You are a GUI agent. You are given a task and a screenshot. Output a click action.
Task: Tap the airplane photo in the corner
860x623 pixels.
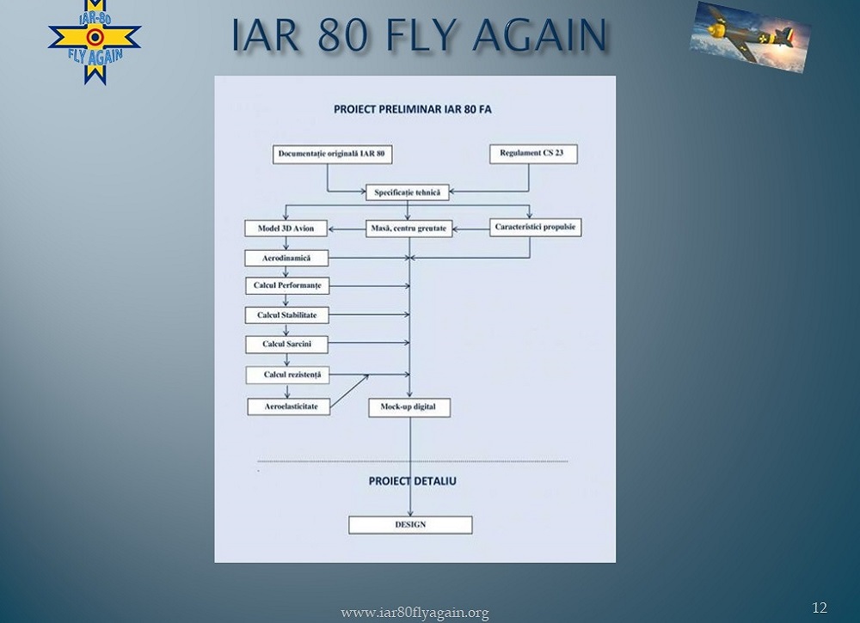pos(750,35)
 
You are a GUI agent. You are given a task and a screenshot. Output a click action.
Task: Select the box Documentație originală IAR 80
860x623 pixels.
pos(327,156)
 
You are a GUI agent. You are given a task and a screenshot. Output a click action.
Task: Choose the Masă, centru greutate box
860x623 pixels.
pos(409,229)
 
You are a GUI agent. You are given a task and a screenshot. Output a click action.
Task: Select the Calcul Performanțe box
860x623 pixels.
pos(286,285)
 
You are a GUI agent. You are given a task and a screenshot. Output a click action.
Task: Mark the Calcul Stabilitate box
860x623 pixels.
pos(286,315)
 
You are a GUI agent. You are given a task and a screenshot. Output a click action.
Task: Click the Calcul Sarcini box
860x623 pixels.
pos(286,345)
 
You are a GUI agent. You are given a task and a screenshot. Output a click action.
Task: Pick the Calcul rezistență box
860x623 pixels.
pos(286,375)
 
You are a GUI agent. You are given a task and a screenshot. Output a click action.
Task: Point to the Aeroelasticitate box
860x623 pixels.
pos(288,406)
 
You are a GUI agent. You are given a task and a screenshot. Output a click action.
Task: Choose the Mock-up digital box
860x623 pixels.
pos(409,407)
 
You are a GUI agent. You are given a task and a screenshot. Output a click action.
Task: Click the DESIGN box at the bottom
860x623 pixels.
pos(410,525)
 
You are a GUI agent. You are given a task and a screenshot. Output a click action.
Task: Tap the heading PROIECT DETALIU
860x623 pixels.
pos(413,481)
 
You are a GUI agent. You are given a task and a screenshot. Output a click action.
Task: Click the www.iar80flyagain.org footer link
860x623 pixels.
pos(415,613)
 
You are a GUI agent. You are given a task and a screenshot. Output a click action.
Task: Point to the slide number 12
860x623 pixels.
pos(819,608)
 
